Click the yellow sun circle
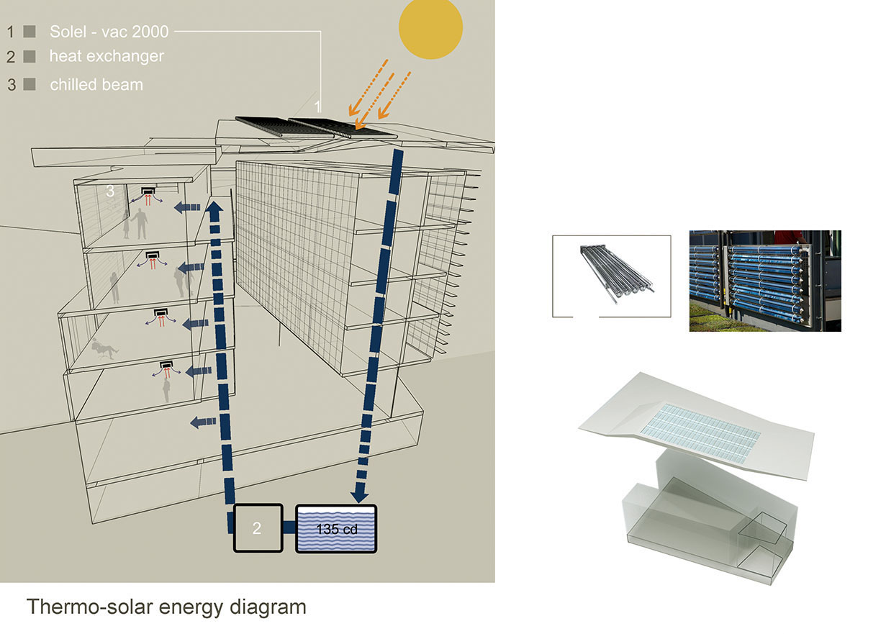[430, 28]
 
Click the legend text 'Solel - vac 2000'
[109, 32]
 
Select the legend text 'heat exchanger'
[107, 55]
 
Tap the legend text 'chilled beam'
[96, 84]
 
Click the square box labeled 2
[256, 528]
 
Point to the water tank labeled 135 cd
[337, 529]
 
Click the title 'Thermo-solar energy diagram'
[166, 607]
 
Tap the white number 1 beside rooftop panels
[317, 107]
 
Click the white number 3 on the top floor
[110, 190]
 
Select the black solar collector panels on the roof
[317, 127]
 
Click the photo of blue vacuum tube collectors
[764, 280]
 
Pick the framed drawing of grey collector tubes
[611, 276]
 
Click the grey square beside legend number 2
[30, 55]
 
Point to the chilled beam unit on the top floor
[149, 191]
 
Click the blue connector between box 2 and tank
[287, 528]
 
